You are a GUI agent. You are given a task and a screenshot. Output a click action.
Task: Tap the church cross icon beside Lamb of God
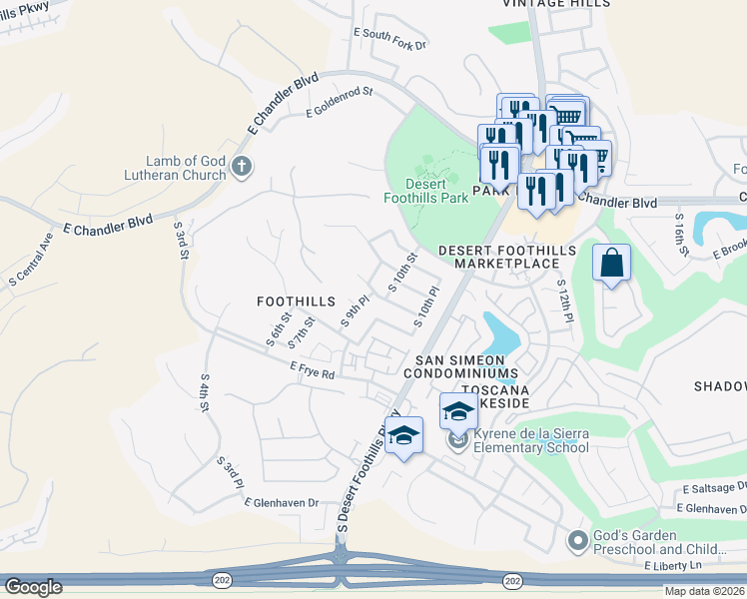(241, 167)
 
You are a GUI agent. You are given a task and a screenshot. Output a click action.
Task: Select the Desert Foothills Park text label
(425, 191)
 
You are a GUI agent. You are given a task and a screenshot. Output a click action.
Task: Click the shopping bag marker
(611, 265)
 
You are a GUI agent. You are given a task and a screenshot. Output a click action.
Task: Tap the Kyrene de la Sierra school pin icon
(457, 440)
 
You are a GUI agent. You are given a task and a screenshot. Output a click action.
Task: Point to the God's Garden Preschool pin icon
(576, 541)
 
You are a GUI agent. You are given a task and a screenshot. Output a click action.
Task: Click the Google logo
(33, 587)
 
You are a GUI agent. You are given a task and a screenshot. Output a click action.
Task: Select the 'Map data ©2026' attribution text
(704, 591)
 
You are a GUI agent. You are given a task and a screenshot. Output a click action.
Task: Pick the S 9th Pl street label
(357, 310)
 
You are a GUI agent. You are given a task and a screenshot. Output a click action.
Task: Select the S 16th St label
(681, 232)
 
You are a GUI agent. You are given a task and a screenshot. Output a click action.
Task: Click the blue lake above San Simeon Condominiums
(498, 333)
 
